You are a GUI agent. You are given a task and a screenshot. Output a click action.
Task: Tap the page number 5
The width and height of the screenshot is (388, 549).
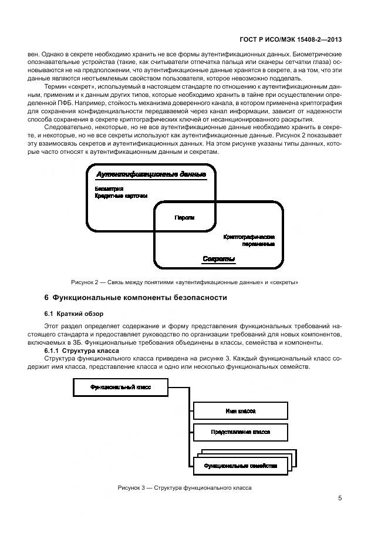click(x=340, y=499)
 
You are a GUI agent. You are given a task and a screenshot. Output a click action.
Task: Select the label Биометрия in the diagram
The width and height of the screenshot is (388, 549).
click(x=109, y=188)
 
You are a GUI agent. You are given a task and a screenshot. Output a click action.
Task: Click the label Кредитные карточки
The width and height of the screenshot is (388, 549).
click(x=121, y=196)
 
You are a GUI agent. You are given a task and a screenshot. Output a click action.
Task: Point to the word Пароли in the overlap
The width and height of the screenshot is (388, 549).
click(x=184, y=217)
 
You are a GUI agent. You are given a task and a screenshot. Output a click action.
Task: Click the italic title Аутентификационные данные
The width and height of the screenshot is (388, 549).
click(x=151, y=174)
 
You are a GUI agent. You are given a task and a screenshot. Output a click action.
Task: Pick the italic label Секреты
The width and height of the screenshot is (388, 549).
click(x=219, y=259)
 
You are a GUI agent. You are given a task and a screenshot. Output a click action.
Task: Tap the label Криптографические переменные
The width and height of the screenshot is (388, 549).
click(x=249, y=240)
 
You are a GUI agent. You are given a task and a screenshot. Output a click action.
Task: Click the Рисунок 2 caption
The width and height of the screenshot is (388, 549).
click(x=184, y=282)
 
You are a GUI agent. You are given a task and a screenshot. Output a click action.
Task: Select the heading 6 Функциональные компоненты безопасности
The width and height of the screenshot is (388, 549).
click(x=136, y=298)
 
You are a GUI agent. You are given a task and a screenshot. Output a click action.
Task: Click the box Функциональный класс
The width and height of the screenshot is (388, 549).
click(x=120, y=388)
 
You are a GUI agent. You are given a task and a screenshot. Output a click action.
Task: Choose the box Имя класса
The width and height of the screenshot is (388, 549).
click(x=241, y=411)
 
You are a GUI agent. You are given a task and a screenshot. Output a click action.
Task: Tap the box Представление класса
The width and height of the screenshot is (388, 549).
click(x=241, y=432)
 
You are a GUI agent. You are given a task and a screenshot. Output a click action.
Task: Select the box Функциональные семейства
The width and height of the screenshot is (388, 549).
click(x=241, y=466)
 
